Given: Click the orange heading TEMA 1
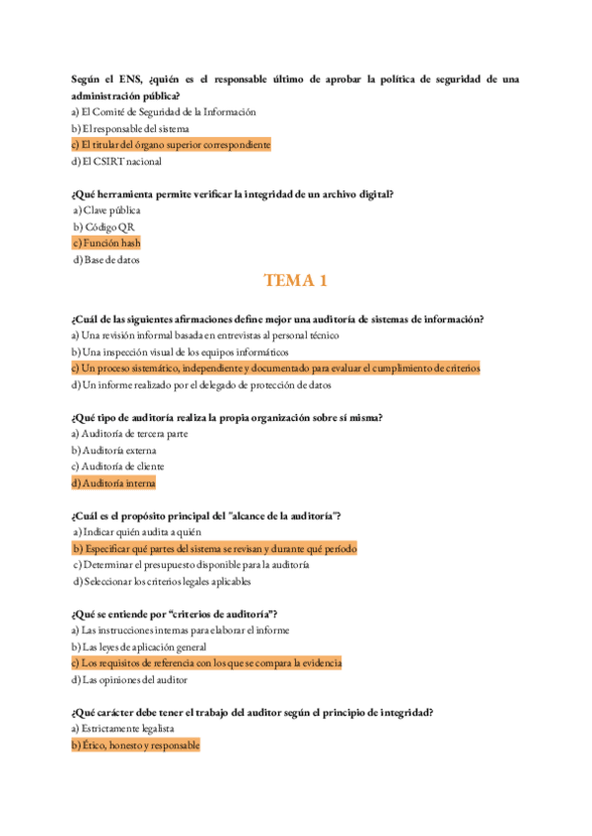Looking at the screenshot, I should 295,282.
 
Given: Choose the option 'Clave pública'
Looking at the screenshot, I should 108,210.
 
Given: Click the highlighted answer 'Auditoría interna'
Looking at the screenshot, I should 113,483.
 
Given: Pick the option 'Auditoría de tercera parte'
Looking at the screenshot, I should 130,434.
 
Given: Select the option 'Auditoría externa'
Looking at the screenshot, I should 113,451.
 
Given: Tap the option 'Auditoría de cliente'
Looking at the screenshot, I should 118,466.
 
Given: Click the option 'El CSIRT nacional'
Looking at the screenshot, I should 116,162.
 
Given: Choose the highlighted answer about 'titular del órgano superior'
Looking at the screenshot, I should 171,145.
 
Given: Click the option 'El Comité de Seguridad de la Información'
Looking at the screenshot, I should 164,112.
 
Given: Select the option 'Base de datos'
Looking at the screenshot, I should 108,259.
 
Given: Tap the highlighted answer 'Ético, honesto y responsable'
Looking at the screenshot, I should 135,745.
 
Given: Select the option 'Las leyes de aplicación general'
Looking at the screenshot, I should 139,647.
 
